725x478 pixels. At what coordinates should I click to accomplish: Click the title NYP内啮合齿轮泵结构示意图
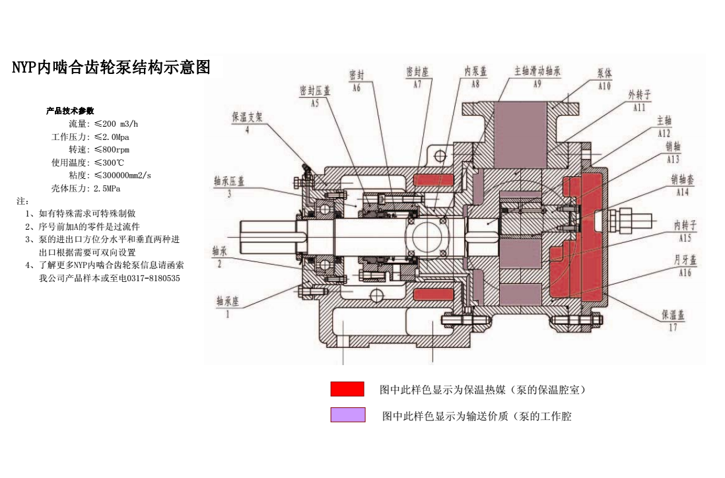(112, 67)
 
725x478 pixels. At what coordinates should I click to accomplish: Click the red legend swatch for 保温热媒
(347, 389)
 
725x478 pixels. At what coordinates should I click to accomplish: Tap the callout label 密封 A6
(357, 80)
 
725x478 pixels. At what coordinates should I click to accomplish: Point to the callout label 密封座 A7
(417, 77)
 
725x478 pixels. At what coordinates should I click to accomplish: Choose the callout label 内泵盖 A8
(476, 77)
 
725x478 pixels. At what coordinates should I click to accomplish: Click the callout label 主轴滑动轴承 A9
(537, 77)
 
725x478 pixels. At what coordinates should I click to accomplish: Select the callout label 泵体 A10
(604, 79)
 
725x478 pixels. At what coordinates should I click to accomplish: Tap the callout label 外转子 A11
(639, 100)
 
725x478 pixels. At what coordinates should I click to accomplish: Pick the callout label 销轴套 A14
(682, 186)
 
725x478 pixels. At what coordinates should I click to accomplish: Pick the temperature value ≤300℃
(110, 162)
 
